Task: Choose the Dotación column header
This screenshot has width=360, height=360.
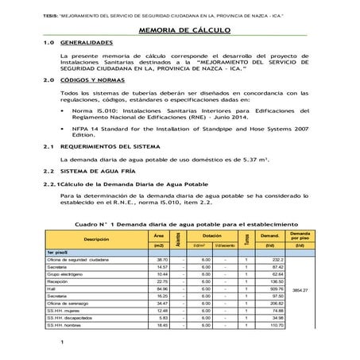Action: click(211, 236)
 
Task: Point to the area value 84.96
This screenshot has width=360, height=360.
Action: click(162, 289)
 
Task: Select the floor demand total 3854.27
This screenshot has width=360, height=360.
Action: click(300, 290)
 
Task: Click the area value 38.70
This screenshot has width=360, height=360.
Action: click(162, 259)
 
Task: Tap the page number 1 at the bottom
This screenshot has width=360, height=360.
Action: click(60, 343)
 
